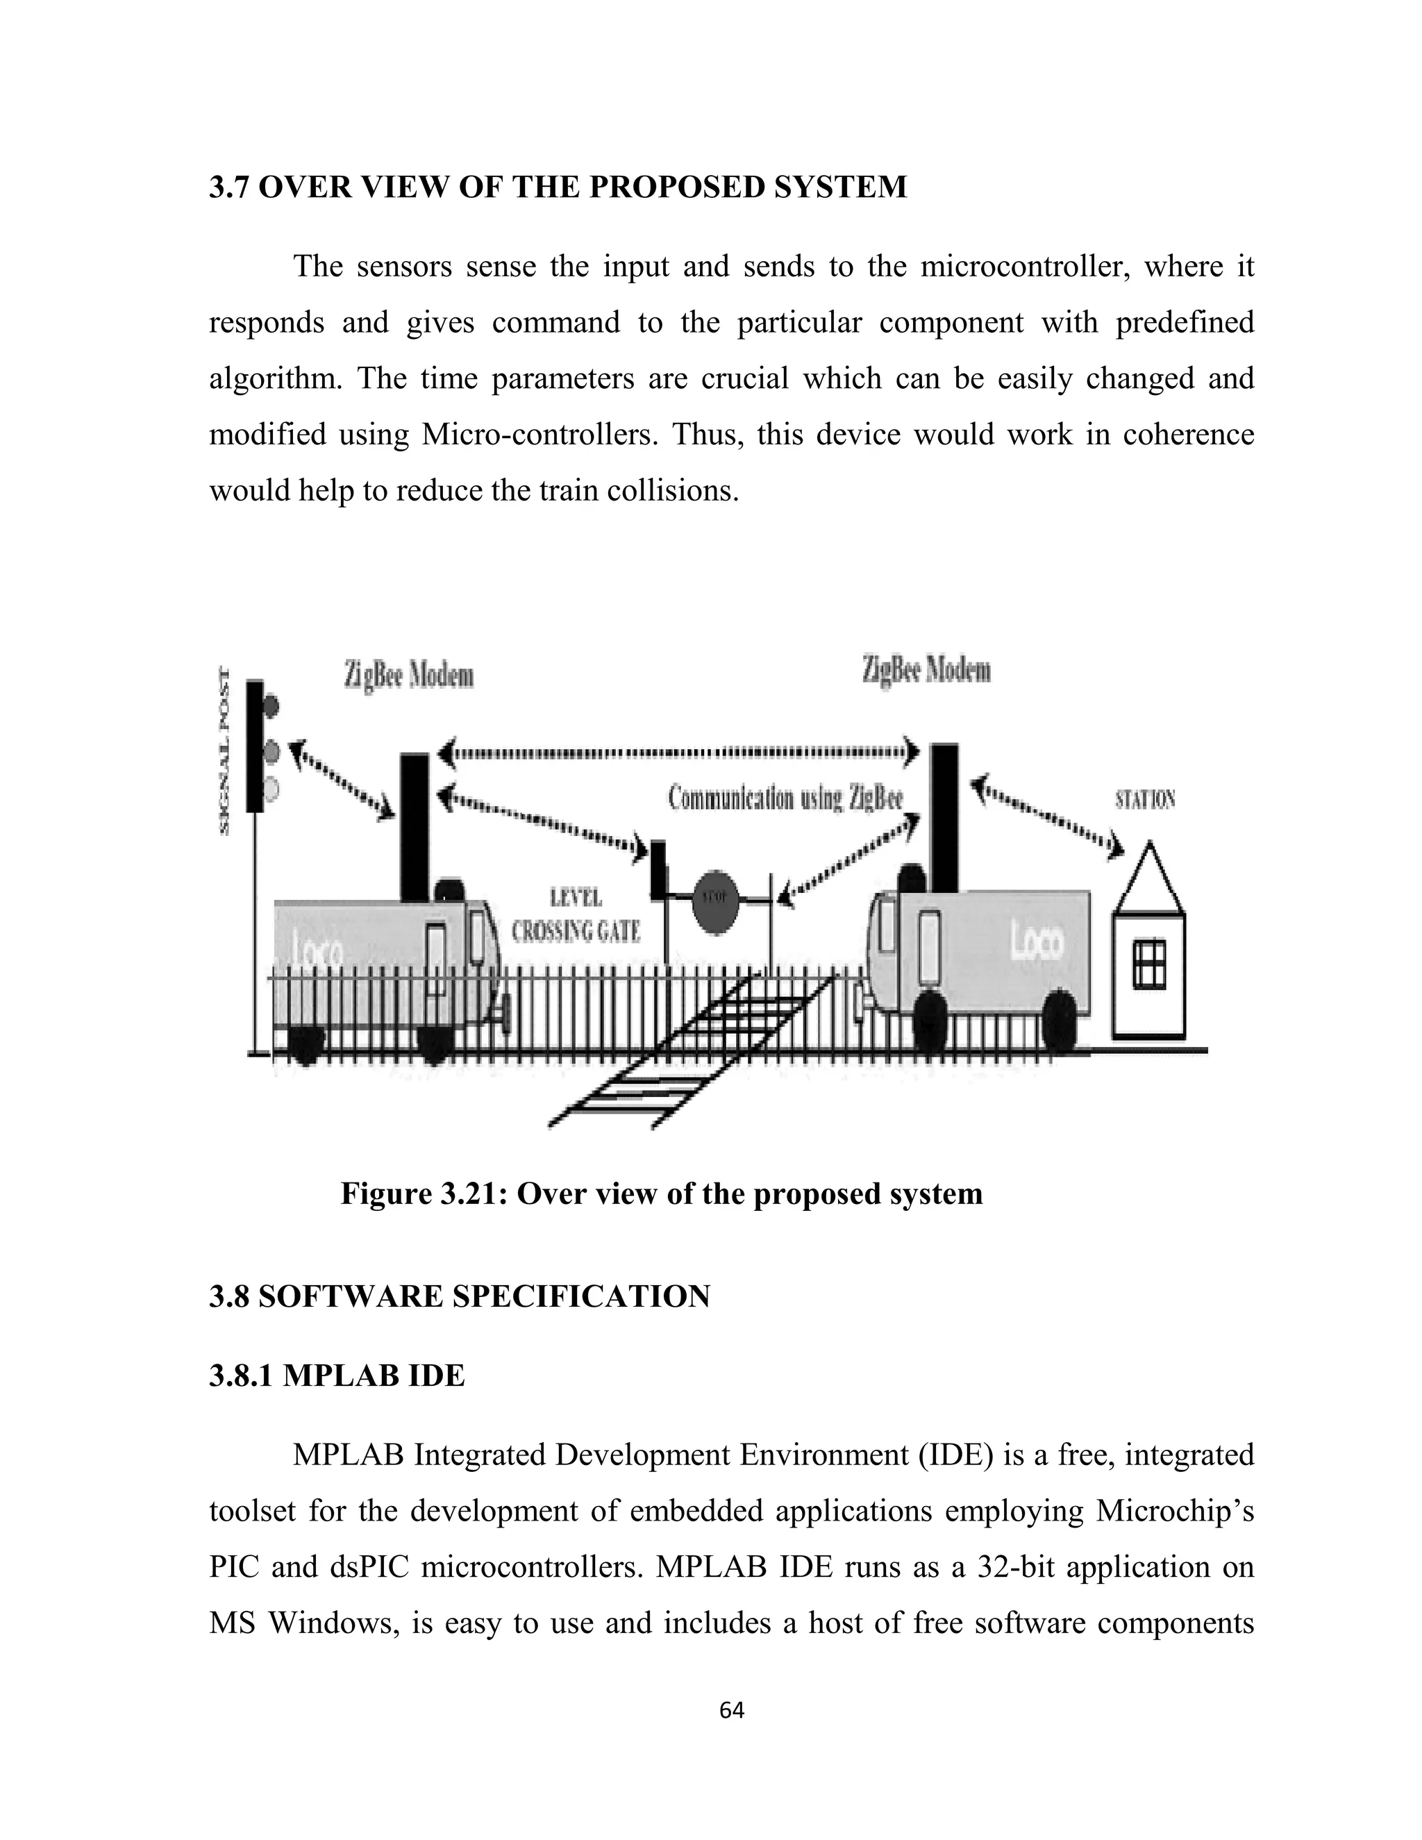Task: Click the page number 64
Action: (731, 1709)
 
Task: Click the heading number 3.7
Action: (230, 187)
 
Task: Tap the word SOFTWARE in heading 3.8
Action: (351, 1296)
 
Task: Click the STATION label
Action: (1145, 799)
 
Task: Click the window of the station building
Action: (1148, 964)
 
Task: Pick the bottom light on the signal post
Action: (271, 789)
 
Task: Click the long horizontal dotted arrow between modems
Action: (679, 751)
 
